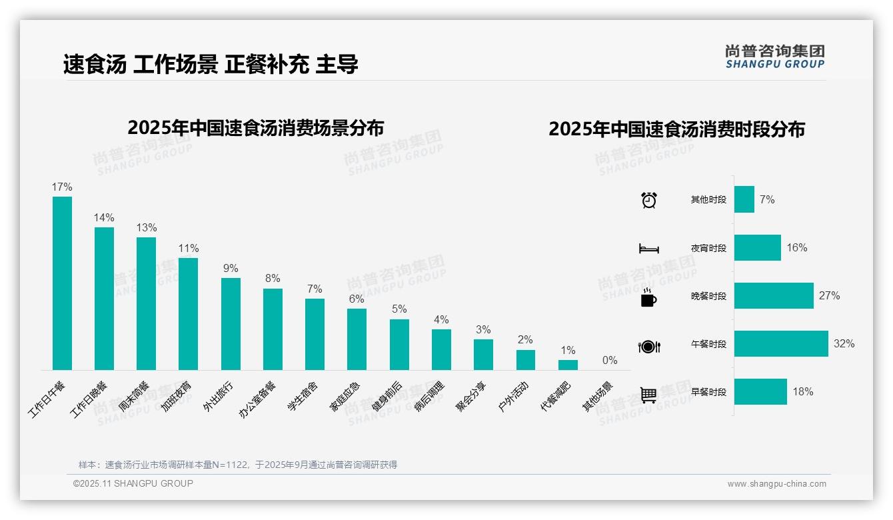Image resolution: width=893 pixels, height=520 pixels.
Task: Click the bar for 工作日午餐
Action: pyautogui.click(x=62, y=283)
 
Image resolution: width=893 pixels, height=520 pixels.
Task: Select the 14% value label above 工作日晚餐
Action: pyautogui.click(x=104, y=218)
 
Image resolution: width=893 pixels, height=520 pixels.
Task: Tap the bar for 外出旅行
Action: pyautogui.click(x=231, y=323)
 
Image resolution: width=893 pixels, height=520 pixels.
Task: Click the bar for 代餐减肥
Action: pyautogui.click(x=568, y=365)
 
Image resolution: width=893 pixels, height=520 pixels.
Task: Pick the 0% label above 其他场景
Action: pyautogui.click(x=610, y=361)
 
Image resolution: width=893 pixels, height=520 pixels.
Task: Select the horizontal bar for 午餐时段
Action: pyautogui.click(x=780, y=344)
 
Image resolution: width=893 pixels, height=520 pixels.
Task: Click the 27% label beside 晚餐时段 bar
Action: pyautogui.click(x=829, y=296)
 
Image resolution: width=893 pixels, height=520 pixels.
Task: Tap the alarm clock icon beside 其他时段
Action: pyautogui.click(x=649, y=200)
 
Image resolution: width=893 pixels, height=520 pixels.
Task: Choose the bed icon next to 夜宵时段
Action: pyautogui.click(x=649, y=249)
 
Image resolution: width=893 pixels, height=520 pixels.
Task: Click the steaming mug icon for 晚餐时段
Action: pyautogui.click(x=648, y=297)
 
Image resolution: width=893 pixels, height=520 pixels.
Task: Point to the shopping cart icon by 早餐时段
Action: pyautogui.click(x=648, y=395)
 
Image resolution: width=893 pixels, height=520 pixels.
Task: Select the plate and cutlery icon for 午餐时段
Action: pyautogui.click(x=649, y=347)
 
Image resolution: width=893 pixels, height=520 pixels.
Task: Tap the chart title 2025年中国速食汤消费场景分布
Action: pyautogui.click(x=255, y=127)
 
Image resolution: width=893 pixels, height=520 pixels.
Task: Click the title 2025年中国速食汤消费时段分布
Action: pyautogui.click(x=676, y=129)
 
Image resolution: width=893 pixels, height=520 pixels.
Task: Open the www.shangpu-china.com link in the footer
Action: pyautogui.click(x=776, y=484)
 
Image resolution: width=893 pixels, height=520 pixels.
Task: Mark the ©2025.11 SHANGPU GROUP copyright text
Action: pyautogui.click(x=133, y=483)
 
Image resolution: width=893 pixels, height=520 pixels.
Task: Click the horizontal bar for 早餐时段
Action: pyautogui.click(x=760, y=392)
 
